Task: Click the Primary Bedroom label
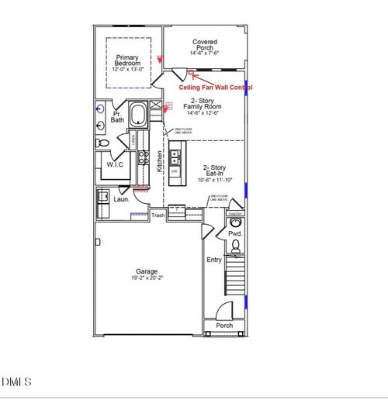point(126,61)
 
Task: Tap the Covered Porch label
point(205,47)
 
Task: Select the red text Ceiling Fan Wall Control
point(227,88)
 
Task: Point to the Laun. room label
point(122,198)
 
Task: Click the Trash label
point(158,216)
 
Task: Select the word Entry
point(214,260)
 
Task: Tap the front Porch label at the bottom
point(224,326)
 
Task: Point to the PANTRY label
point(237,213)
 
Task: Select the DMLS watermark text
point(16,381)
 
